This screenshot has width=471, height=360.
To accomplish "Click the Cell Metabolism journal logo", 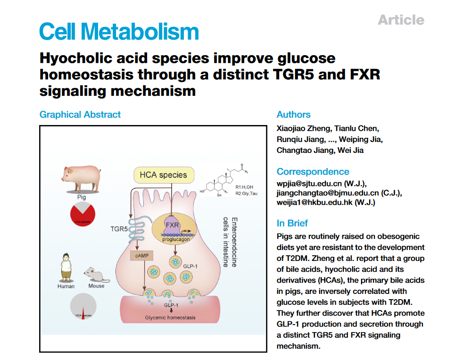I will (119, 32).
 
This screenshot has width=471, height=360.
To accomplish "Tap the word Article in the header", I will (401, 20).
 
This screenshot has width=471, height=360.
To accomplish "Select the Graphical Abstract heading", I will (80, 115).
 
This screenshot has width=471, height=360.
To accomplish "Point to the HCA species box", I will (163, 175).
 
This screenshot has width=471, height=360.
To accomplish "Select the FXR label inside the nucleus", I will (172, 225).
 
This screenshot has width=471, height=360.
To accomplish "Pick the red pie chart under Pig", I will (83, 214).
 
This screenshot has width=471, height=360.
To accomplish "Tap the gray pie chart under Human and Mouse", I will (83, 307).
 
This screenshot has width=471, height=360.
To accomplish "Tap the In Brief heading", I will (292, 223).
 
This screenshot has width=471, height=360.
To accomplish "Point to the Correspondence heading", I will (313, 172).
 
